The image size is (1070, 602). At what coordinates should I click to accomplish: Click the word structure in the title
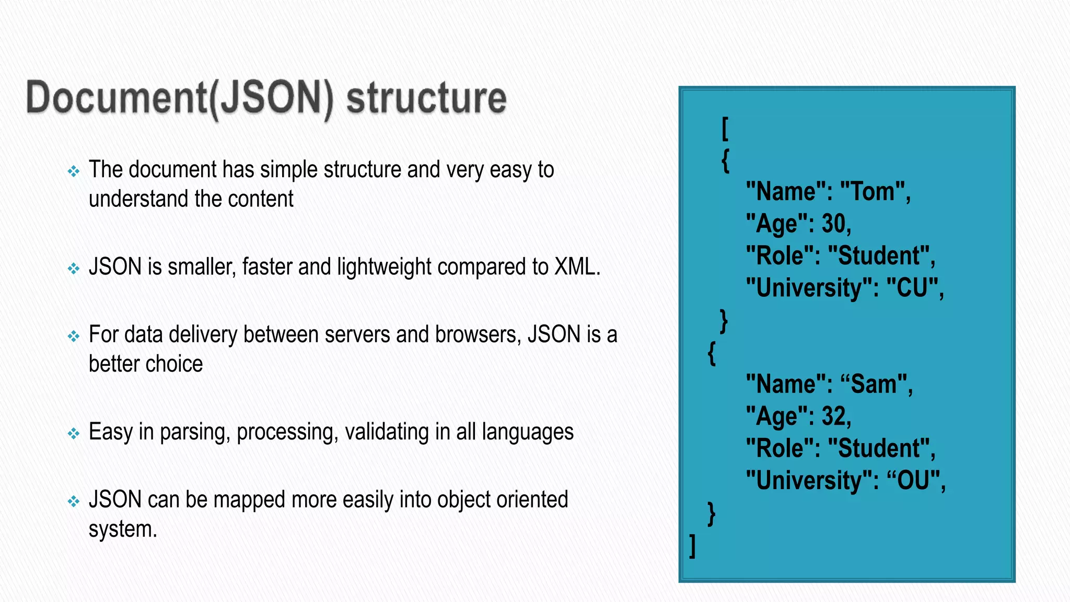[426, 98]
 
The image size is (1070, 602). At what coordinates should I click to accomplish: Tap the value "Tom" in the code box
[872, 192]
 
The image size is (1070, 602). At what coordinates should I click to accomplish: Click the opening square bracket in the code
[725, 129]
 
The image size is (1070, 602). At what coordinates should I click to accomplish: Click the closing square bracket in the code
[692, 546]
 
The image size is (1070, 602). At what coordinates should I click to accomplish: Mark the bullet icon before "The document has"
[74, 171]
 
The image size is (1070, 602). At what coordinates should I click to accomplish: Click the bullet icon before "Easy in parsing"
[74, 433]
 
